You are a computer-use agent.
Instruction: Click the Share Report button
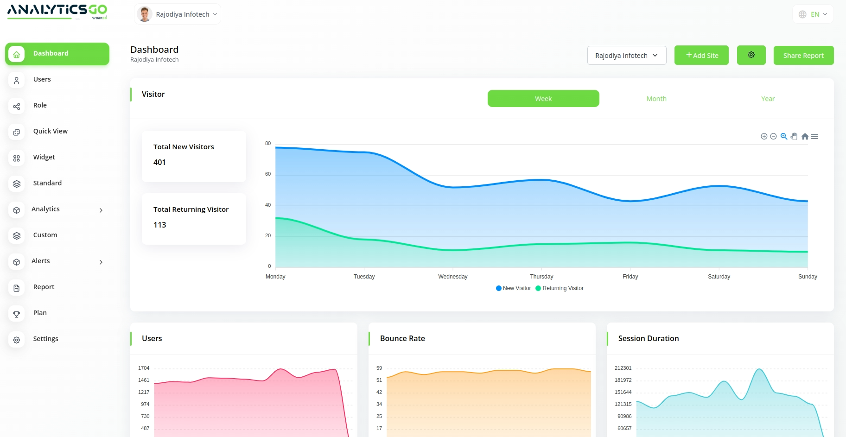click(803, 56)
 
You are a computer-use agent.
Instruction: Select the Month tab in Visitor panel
click(656, 99)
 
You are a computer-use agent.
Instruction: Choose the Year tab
click(768, 99)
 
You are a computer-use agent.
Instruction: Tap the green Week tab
click(543, 99)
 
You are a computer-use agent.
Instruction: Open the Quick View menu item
click(50, 131)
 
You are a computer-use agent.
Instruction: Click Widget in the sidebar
click(44, 157)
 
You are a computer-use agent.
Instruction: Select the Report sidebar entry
click(44, 287)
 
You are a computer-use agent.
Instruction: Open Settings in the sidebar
click(45, 339)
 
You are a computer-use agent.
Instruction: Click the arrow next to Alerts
click(101, 262)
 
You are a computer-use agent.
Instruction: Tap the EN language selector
click(813, 14)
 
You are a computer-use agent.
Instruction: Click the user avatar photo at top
click(145, 14)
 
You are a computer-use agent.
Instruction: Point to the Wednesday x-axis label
click(453, 277)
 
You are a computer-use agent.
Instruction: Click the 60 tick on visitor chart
click(268, 174)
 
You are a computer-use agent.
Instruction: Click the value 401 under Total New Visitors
click(159, 162)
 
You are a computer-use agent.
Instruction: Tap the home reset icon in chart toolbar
click(805, 136)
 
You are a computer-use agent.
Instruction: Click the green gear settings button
click(751, 55)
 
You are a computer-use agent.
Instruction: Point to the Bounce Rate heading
click(402, 338)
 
